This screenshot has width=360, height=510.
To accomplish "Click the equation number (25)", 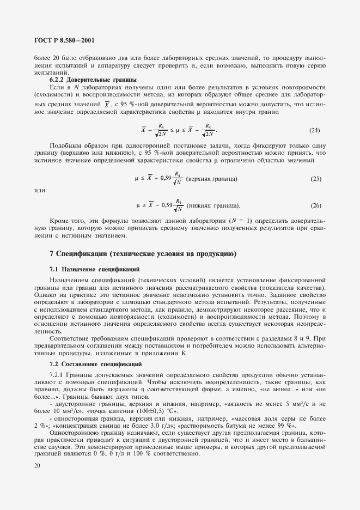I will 314,179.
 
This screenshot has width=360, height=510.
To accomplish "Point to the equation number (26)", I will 314,205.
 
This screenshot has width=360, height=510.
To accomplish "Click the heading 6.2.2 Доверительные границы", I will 85,80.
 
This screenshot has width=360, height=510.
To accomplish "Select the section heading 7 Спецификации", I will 143,254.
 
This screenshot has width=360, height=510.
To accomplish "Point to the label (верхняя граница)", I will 211,179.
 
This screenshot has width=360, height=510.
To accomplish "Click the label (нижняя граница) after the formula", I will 212,205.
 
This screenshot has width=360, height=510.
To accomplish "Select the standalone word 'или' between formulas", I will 39,191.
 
